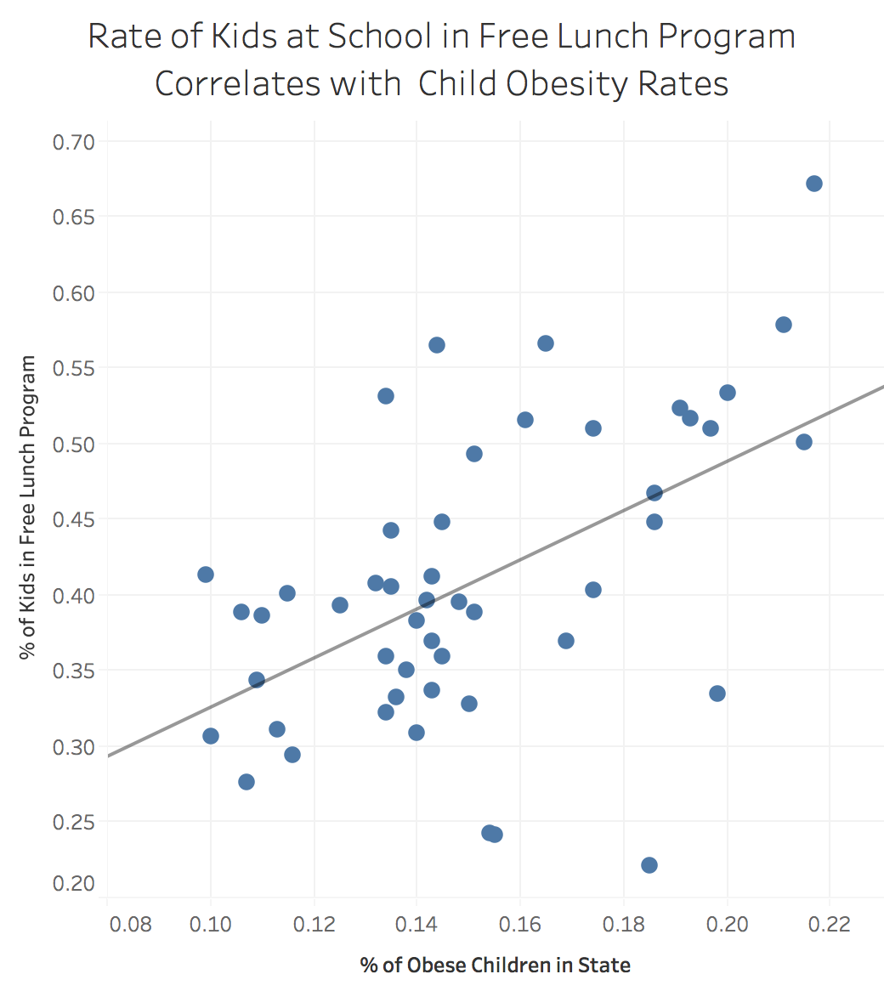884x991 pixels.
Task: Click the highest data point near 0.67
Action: (x=813, y=184)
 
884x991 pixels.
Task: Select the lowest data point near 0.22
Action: (x=649, y=865)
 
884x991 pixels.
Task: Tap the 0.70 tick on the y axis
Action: (x=74, y=142)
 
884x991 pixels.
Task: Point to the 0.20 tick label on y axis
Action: (x=74, y=884)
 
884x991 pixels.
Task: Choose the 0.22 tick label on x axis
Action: (x=829, y=925)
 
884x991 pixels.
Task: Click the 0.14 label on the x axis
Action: (x=416, y=925)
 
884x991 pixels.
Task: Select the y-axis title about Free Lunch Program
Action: (x=29, y=507)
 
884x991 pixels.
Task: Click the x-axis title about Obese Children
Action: (x=496, y=966)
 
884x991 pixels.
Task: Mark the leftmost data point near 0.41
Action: (x=206, y=575)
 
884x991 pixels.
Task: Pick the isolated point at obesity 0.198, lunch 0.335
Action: (x=717, y=694)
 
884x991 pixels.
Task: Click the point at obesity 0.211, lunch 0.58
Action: (x=784, y=325)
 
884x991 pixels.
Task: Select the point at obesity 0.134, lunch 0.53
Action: (x=386, y=396)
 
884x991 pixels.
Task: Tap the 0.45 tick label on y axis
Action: (x=74, y=519)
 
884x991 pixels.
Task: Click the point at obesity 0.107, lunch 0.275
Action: (x=246, y=782)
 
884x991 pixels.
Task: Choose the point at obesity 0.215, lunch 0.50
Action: (x=804, y=442)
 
